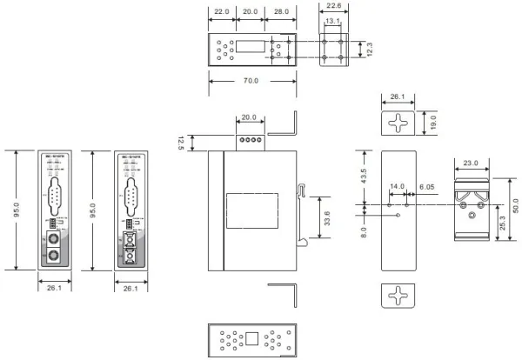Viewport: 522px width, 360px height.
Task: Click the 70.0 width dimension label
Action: [x=252, y=82]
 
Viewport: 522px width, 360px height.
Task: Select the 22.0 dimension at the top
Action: [x=221, y=13]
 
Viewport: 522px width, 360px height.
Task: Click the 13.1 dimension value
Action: [x=332, y=22]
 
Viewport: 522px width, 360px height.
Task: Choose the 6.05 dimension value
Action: [x=426, y=187]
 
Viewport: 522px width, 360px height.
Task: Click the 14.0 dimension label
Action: [x=398, y=187]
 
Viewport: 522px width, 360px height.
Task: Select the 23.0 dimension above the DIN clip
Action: [x=472, y=162]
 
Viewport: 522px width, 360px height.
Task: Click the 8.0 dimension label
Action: [x=364, y=232]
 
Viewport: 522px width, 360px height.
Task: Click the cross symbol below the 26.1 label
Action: [x=397, y=123]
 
